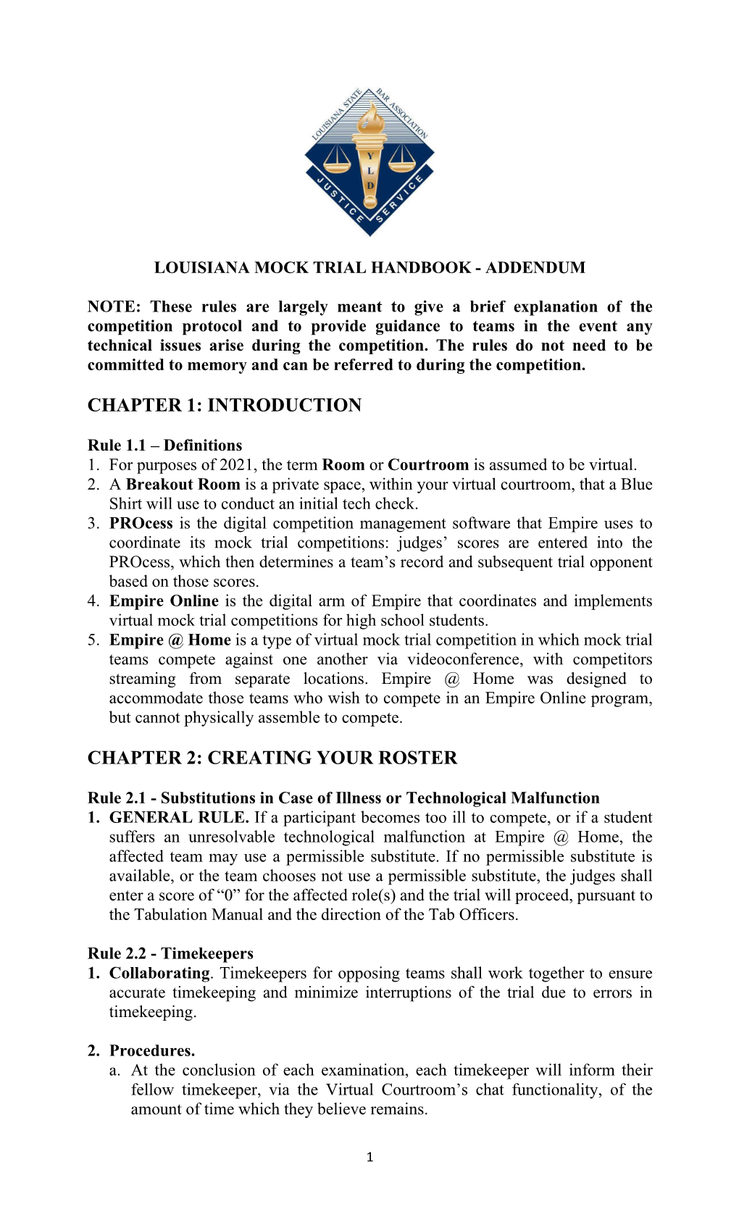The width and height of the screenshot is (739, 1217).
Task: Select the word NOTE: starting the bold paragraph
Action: coord(114,307)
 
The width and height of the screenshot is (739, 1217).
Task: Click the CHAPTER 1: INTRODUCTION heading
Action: coord(224,405)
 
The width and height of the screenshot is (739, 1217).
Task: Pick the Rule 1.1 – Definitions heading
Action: coord(164,446)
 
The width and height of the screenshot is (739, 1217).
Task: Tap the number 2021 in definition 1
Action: coord(238,465)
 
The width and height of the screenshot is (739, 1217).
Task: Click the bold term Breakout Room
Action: coord(183,485)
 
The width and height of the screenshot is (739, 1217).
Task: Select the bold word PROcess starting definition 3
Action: coord(141,524)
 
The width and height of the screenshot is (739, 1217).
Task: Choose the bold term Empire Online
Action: coord(164,601)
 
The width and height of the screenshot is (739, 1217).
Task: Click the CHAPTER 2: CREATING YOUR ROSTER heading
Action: coord(272,758)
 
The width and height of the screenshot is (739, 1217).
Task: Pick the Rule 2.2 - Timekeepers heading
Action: coord(170,953)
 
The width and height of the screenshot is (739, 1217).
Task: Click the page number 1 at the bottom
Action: coord(369,1157)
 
